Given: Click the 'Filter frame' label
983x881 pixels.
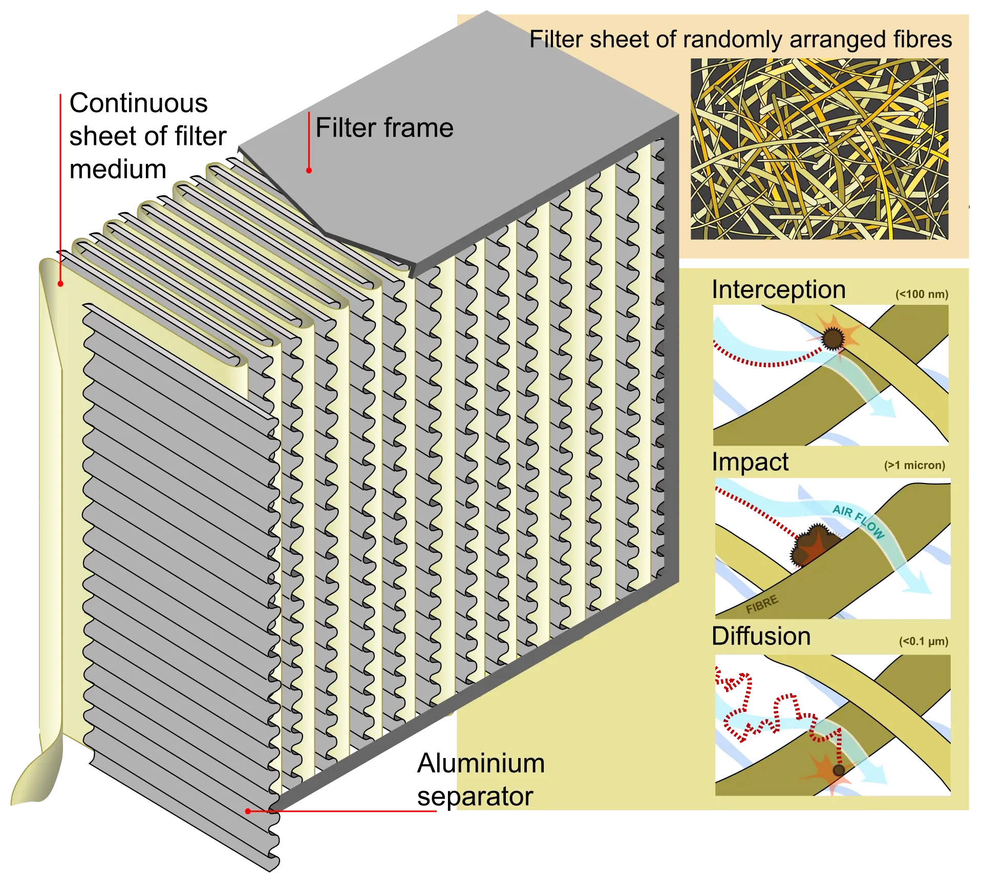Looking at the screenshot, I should [x=384, y=128].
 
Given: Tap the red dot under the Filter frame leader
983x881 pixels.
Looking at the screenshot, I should [x=309, y=171].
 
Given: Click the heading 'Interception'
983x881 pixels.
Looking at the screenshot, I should [x=778, y=290].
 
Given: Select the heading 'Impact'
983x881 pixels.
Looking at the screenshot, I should [x=750, y=462].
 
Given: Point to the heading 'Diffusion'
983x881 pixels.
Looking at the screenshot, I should [x=761, y=636].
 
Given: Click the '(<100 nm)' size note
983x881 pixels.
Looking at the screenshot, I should [x=922, y=295].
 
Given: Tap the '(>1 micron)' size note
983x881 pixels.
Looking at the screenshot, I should [x=914, y=466].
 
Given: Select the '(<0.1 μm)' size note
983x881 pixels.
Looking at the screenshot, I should [x=923, y=641].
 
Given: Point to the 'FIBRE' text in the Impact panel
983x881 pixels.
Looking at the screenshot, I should [x=762, y=604].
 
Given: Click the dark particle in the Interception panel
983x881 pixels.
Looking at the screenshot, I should [x=833, y=339].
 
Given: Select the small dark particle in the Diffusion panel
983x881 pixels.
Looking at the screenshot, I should [x=839, y=770].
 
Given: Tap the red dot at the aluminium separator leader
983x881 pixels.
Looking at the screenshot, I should [x=248, y=811].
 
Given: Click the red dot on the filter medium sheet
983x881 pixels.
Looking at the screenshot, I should [x=60, y=283].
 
